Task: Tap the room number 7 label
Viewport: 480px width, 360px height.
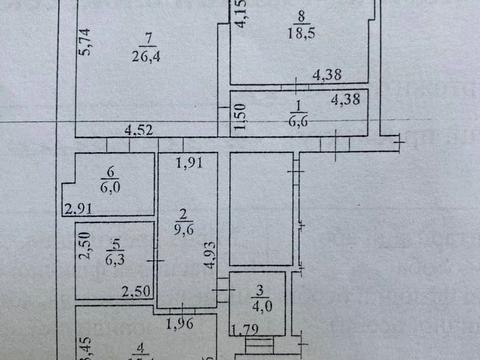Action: (149, 40)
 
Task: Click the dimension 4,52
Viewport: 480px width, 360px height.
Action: (138, 129)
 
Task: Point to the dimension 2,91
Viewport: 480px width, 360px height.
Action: (77, 209)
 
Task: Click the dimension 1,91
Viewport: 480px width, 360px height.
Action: (189, 163)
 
